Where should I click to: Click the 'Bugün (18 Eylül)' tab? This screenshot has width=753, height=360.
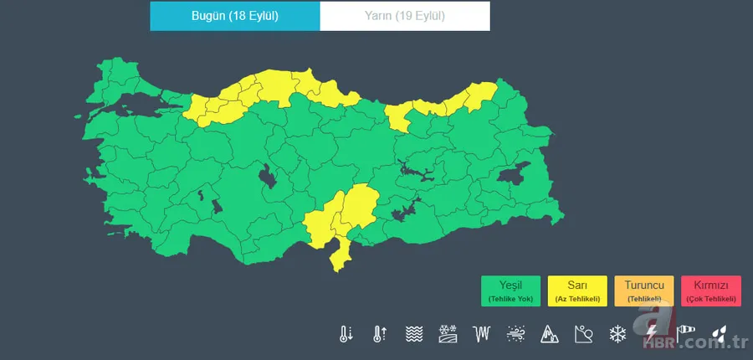235,16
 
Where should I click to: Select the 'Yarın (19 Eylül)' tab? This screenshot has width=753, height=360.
405,16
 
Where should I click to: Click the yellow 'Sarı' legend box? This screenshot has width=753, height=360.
576,291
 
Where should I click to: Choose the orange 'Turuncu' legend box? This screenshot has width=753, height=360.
643,291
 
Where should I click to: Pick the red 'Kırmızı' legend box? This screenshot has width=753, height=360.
710,291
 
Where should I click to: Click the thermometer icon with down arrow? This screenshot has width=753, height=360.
346,334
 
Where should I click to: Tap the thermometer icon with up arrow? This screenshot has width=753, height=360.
380,334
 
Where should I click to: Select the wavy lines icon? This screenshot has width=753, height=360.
413,334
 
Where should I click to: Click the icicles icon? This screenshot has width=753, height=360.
480,334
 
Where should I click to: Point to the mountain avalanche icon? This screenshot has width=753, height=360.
548,334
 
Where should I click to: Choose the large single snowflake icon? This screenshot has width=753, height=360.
617,334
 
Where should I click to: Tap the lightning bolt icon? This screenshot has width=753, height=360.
652,334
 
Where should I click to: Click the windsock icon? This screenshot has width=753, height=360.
686,334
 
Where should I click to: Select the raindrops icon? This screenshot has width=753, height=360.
719,334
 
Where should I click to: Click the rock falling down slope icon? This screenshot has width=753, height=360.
583,334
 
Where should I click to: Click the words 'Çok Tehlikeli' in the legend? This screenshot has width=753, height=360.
710,299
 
